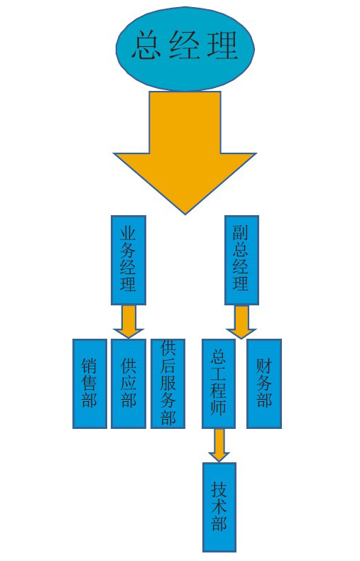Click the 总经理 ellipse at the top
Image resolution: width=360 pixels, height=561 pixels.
pos(185,49)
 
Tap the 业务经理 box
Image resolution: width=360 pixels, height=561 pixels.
pos(128,260)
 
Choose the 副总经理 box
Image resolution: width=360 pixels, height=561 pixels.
pos(241,260)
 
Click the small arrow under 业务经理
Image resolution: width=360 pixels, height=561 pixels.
pos(128,321)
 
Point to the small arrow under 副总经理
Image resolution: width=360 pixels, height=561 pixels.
pos(241,322)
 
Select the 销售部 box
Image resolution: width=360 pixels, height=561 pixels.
pos(89,383)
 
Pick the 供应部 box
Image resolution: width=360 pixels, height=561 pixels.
pos(128,383)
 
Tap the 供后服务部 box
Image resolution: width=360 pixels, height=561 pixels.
pos(168,383)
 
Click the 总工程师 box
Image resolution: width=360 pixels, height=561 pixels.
pos(218,383)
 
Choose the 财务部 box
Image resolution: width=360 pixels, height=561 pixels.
pos(264,383)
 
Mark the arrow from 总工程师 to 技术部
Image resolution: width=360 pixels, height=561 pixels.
pos(219,445)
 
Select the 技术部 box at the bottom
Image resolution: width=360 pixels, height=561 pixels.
pos(219,507)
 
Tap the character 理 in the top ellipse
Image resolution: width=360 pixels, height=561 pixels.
pos(223,45)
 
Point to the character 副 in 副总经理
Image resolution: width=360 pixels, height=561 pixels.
pos(241,232)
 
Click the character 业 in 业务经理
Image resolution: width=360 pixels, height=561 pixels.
pos(128,232)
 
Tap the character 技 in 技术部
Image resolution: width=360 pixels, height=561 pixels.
pos(219,489)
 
